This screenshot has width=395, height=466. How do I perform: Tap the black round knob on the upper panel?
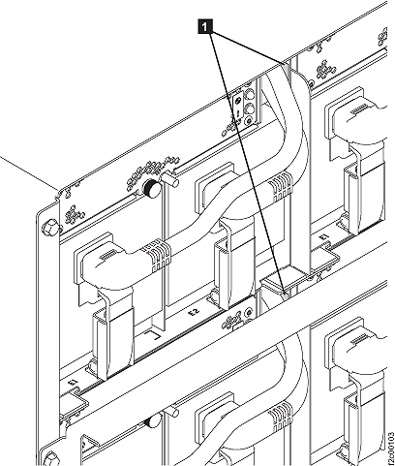[x=151, y=189]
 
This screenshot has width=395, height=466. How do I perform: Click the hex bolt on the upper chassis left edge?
[x=47, y=230]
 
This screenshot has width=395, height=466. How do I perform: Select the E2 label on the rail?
[x=194, y=313]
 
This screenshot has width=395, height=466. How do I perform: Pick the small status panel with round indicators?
[x=244, y=109]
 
